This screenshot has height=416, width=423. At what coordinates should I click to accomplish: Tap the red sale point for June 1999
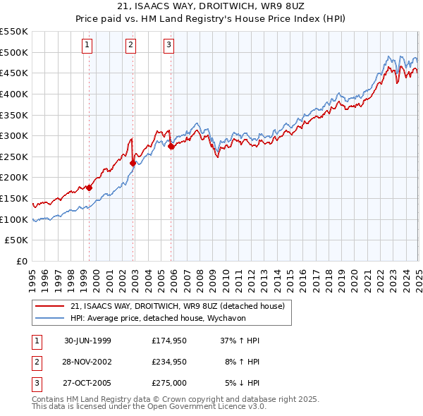90,188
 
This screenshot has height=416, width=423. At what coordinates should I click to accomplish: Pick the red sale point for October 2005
171,146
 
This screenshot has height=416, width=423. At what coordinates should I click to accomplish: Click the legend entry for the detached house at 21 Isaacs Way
177,306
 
